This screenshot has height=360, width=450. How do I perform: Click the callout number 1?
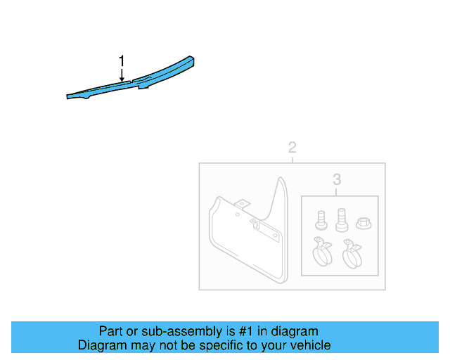click(122, 60)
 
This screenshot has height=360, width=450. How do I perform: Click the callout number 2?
click(292, 148)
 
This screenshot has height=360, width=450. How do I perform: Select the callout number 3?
click(337, 179)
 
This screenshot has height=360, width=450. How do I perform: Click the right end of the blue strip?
click(193, 60)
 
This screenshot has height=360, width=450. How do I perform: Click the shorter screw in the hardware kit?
click(321, 219)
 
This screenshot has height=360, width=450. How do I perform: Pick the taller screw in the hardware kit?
click(342, 219)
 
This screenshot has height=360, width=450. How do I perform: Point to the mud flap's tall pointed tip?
click(282, 181)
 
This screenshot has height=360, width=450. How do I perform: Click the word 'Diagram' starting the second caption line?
click(101, 345)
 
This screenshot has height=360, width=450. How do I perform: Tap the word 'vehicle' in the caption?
click(307, 345)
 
